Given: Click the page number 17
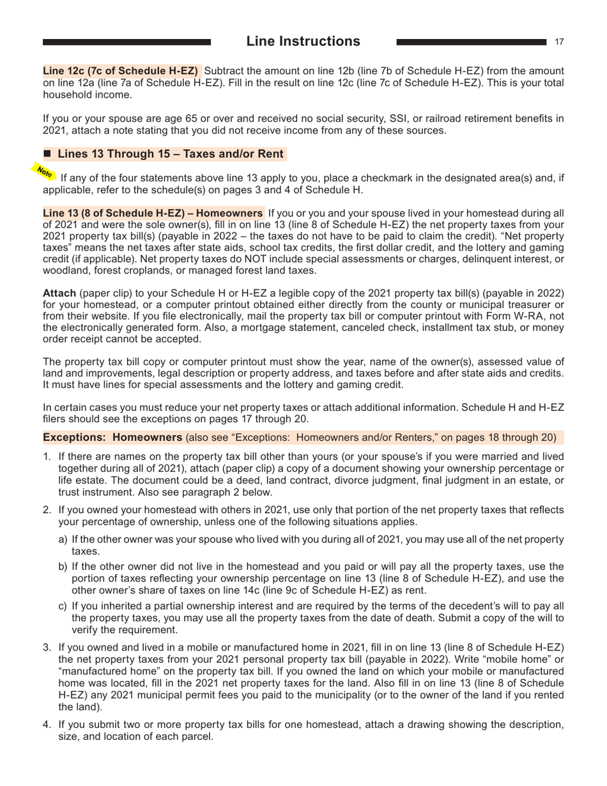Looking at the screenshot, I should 559,42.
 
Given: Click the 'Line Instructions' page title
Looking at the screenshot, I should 303,42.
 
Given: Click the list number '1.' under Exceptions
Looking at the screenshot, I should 47,457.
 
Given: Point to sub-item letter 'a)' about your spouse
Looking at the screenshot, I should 63,539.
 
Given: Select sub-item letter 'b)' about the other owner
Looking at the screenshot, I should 63,568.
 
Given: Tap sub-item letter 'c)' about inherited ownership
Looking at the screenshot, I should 63,610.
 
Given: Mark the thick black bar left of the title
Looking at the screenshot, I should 127,42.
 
